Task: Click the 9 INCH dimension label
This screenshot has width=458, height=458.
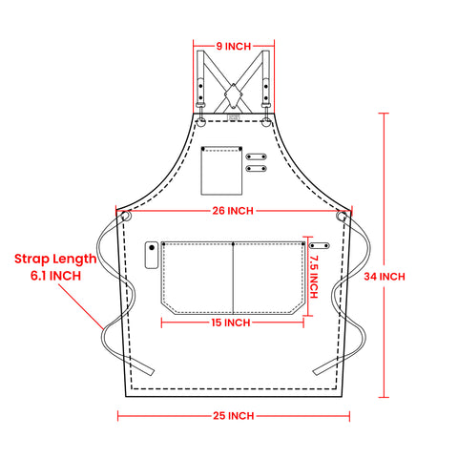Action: click(234, 47)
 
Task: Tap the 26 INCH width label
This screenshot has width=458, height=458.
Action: click(233, 211)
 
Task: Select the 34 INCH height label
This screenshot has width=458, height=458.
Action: click(385, 277)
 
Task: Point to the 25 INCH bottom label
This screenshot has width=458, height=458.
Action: click(234, 416)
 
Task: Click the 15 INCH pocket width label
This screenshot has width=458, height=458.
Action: click(231, 323)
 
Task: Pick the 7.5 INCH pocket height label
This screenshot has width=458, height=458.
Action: click(313, 277)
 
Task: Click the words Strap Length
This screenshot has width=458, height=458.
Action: click(55, 260)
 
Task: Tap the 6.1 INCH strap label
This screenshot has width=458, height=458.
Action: click(55, 276)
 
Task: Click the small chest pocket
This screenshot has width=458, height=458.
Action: click(221, 171)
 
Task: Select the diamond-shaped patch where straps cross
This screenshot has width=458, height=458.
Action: click(234, 94)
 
